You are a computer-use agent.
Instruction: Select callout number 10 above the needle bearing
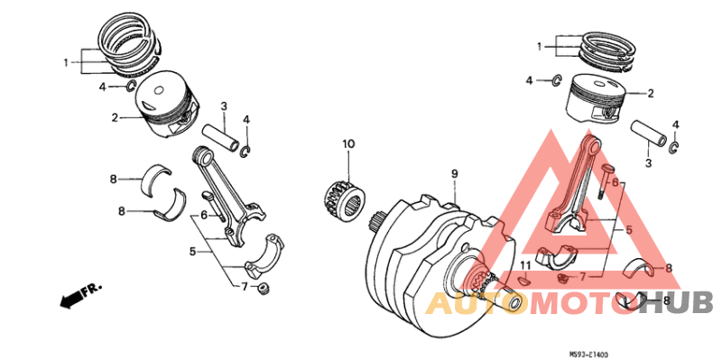click(348, 143)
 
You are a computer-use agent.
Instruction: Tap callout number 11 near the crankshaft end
click(523, 264)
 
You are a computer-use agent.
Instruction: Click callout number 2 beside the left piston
click(116, 117)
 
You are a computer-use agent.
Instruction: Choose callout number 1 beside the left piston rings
click(65, 62)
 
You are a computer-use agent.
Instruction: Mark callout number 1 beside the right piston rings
click(540, 46)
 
